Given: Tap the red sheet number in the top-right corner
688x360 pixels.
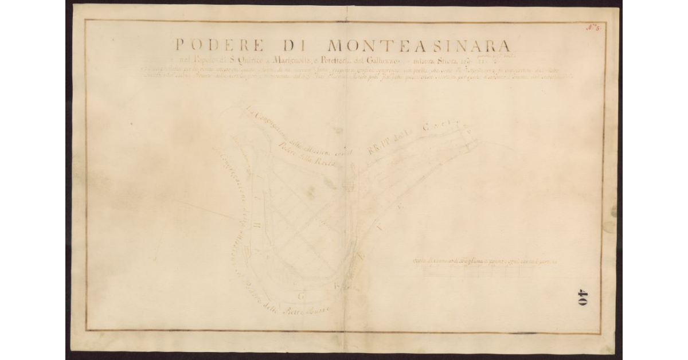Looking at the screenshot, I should [592, 27].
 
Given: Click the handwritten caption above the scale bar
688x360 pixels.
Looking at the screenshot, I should [485, 261].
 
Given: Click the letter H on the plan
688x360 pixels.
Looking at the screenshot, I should [256, 225].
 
